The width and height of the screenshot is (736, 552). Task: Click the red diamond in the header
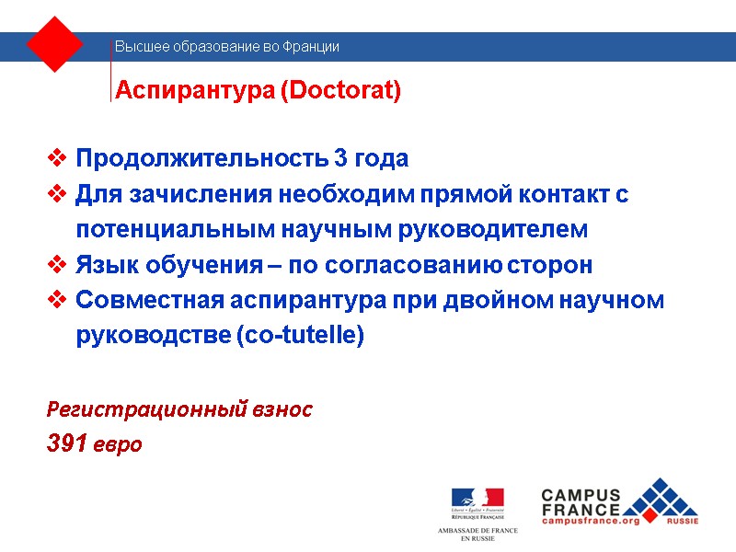coord(55,43)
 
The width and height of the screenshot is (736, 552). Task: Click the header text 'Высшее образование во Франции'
coord(226,46)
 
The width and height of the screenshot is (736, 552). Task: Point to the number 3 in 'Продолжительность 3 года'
coord(341,158)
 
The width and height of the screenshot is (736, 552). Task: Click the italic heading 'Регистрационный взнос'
coord(179,409)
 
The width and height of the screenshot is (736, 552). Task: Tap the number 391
coord(68,444)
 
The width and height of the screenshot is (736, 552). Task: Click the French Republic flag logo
coord(477,500)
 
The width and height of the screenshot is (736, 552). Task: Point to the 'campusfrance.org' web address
coord(590,521)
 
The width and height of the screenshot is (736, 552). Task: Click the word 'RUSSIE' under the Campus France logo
coord(682,521)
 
